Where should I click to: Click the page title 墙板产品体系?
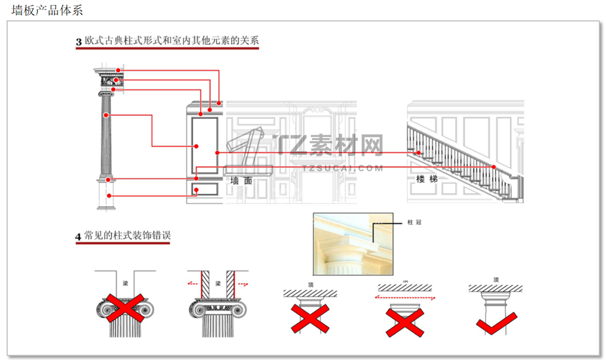point(47,10)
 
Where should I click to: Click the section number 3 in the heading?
point(79,42)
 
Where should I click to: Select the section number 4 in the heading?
point(78,236)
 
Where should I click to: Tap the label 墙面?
point(241,181)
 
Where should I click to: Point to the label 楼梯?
point(426,179)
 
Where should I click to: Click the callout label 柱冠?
point(414,222)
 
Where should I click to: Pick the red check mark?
point(496,323)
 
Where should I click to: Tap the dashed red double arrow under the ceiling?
point(404,298)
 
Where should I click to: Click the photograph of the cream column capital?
point(353,244)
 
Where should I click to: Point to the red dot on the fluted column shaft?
point(106,115)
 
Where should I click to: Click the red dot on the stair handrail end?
point(494,167)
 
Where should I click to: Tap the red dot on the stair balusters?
point(419,153)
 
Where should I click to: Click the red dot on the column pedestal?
point(108,180)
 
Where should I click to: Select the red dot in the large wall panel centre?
point(197,146)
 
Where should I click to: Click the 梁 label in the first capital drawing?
point(125,283)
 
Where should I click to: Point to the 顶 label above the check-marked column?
point(496,279)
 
